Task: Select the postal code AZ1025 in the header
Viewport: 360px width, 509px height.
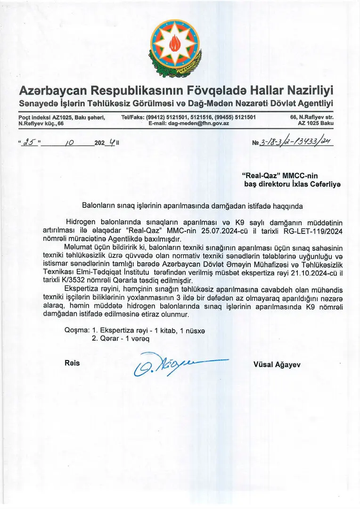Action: (53, 117)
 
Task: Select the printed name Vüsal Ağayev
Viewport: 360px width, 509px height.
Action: (277, 364)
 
